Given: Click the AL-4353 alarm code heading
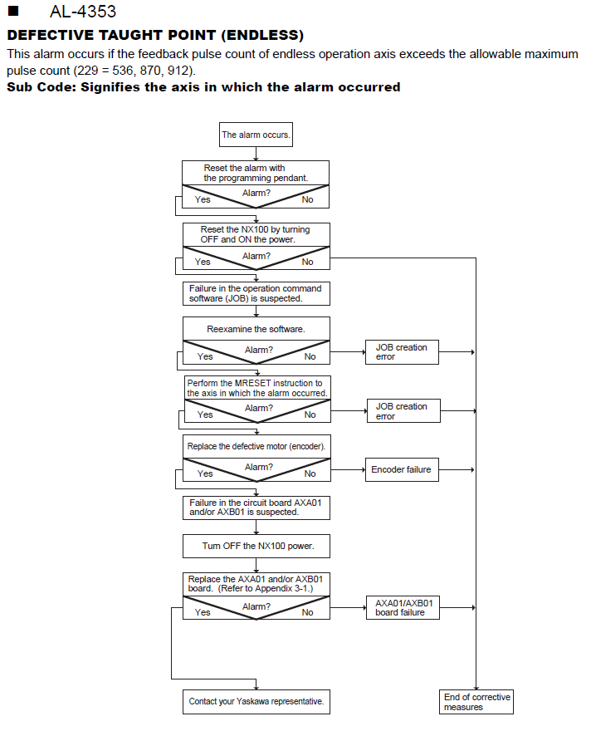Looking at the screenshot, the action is [83, 11].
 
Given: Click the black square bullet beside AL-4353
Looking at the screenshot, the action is [13, 11].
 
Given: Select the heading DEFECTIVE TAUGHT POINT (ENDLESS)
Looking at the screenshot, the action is [155, 35].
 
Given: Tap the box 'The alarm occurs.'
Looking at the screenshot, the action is [256, 135].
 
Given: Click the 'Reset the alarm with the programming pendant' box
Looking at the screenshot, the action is [255, 173].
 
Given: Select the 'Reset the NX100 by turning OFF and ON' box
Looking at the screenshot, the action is [256, 234].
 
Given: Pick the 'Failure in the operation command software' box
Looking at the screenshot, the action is [256, 294].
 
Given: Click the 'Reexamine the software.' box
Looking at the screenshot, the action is [256, 329].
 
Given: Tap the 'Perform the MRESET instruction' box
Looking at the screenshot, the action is [257, 388].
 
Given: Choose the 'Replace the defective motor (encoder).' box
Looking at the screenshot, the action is [256, 447].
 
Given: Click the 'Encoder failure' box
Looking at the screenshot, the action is [402, 469].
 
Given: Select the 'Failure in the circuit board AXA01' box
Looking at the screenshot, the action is [256, 508].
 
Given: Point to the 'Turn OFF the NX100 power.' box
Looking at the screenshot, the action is [256, 546].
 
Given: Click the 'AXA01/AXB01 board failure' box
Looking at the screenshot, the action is [403, 607].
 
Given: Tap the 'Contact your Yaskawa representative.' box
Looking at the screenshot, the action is [256, 702].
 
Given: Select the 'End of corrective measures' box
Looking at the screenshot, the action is [476, 702].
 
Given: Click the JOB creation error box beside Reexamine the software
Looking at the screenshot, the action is [402, 352].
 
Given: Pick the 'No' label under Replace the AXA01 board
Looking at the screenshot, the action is [307, 612].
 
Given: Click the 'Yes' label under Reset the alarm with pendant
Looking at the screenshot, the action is [203, 199].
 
